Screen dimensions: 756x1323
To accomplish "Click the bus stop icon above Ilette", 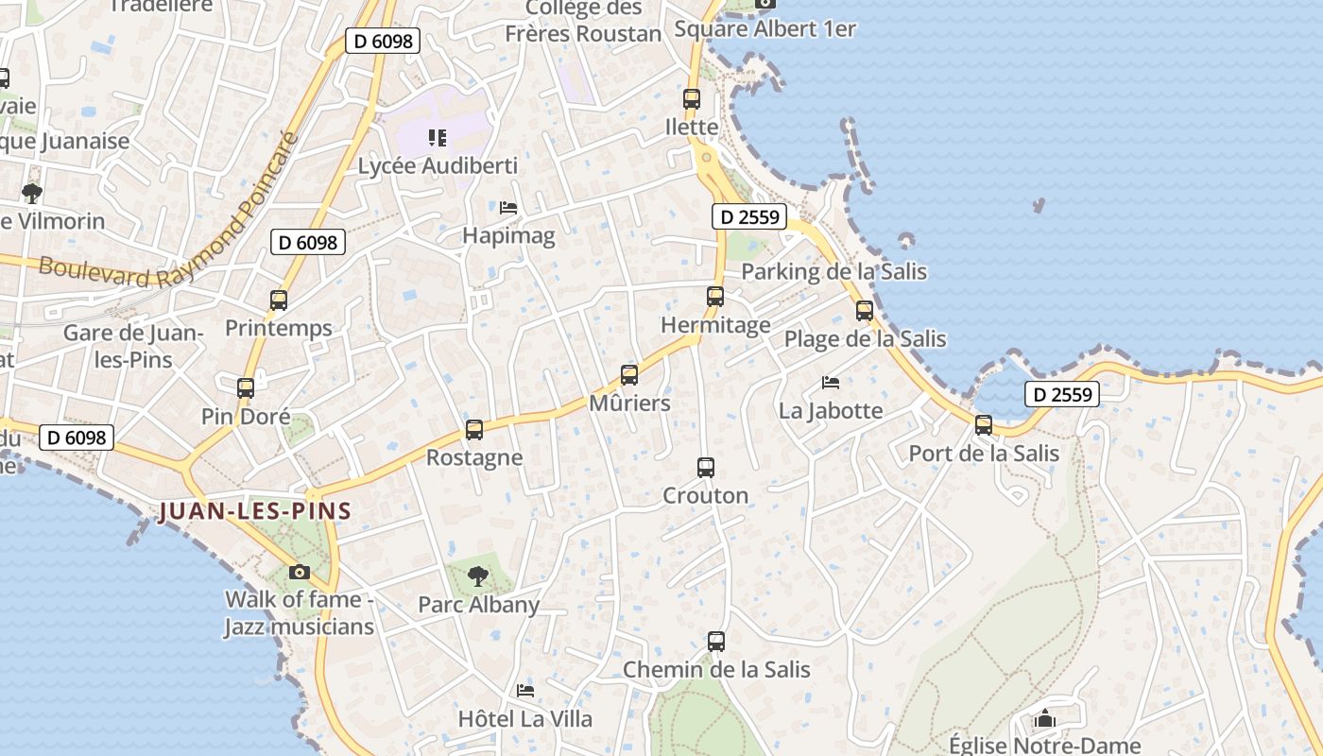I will point(692,98).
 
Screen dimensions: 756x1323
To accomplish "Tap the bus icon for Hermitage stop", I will point(715,297).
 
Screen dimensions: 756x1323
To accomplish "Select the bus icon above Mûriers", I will point(629,374).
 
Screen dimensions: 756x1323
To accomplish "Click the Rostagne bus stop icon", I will point(474,430).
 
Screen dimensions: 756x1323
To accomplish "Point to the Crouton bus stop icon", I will point(706,467).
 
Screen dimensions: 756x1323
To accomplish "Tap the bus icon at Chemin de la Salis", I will point(716,642).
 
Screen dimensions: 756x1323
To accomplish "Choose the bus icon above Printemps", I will point(279,301).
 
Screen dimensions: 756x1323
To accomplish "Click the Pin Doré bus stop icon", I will point(246,387).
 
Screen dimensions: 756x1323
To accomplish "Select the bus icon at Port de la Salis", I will point(984,425).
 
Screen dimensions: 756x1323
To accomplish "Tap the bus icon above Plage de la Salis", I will point(865,311).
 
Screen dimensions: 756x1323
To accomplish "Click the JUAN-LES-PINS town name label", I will point(255,512).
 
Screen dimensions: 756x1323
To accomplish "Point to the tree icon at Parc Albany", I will point(479,576).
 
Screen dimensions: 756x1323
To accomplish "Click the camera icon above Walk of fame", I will point(300,572).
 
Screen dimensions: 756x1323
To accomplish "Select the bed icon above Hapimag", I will point(508,207).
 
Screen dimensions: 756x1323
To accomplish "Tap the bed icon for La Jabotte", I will point(831,383).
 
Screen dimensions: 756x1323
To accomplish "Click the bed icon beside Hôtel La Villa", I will point(525,691).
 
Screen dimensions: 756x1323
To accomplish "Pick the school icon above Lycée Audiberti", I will point(437,138).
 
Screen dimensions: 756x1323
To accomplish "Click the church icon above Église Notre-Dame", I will point(1044,719).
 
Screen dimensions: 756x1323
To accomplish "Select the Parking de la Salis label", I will point(833,272).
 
